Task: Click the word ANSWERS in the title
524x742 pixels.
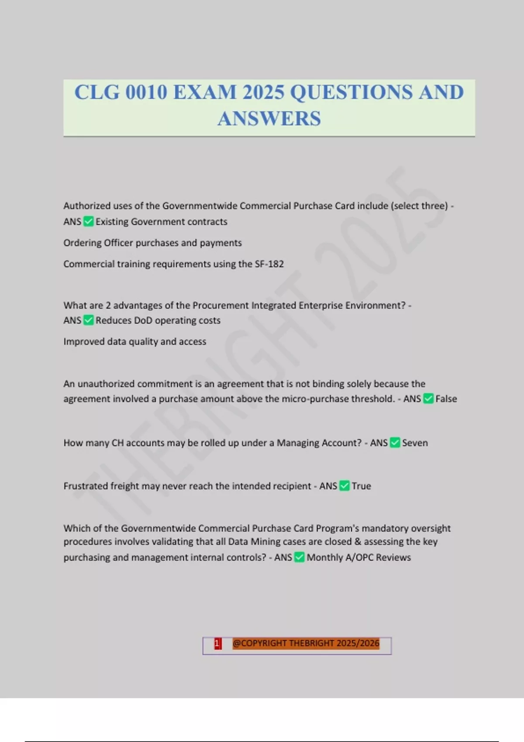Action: point(269,119)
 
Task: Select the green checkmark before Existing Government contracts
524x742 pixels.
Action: point(89,222)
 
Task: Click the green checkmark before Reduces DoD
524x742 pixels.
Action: point(89,320)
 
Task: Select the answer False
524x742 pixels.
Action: point(446,399)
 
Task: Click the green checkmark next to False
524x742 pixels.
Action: point(428,398)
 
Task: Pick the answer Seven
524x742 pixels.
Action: point(415,443)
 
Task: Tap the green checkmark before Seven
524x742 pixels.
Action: point(395,443)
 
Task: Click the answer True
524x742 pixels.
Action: point(362,486)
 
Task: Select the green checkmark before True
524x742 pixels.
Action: point(345,486)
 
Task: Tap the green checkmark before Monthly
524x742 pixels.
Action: point(299,557)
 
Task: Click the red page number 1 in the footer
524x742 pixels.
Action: point(217,644)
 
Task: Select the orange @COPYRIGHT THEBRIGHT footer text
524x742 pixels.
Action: point(306,644)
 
